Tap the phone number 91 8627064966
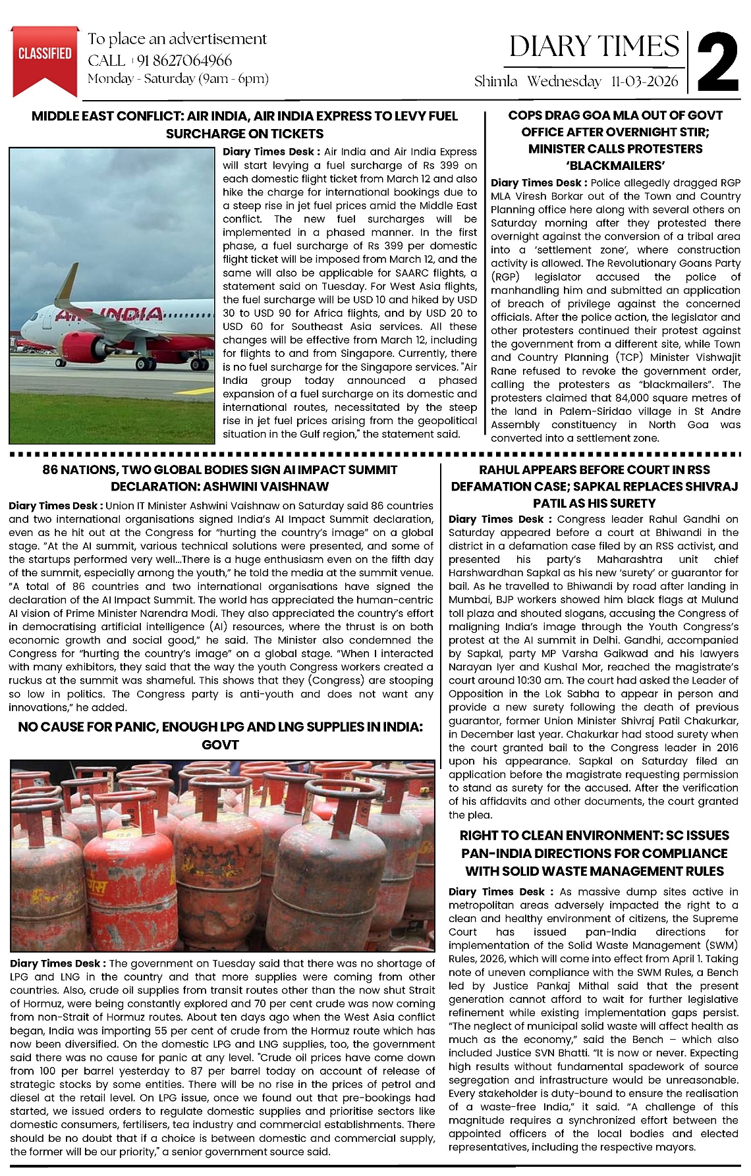185,61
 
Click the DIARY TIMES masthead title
594,46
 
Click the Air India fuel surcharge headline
244,124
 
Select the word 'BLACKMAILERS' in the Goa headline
615,165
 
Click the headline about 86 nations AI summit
219,478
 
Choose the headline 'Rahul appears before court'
594,486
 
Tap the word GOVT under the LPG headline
219,745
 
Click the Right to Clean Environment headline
594,853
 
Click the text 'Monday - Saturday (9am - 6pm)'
178,79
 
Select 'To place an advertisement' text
177,39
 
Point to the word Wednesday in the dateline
564,82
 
